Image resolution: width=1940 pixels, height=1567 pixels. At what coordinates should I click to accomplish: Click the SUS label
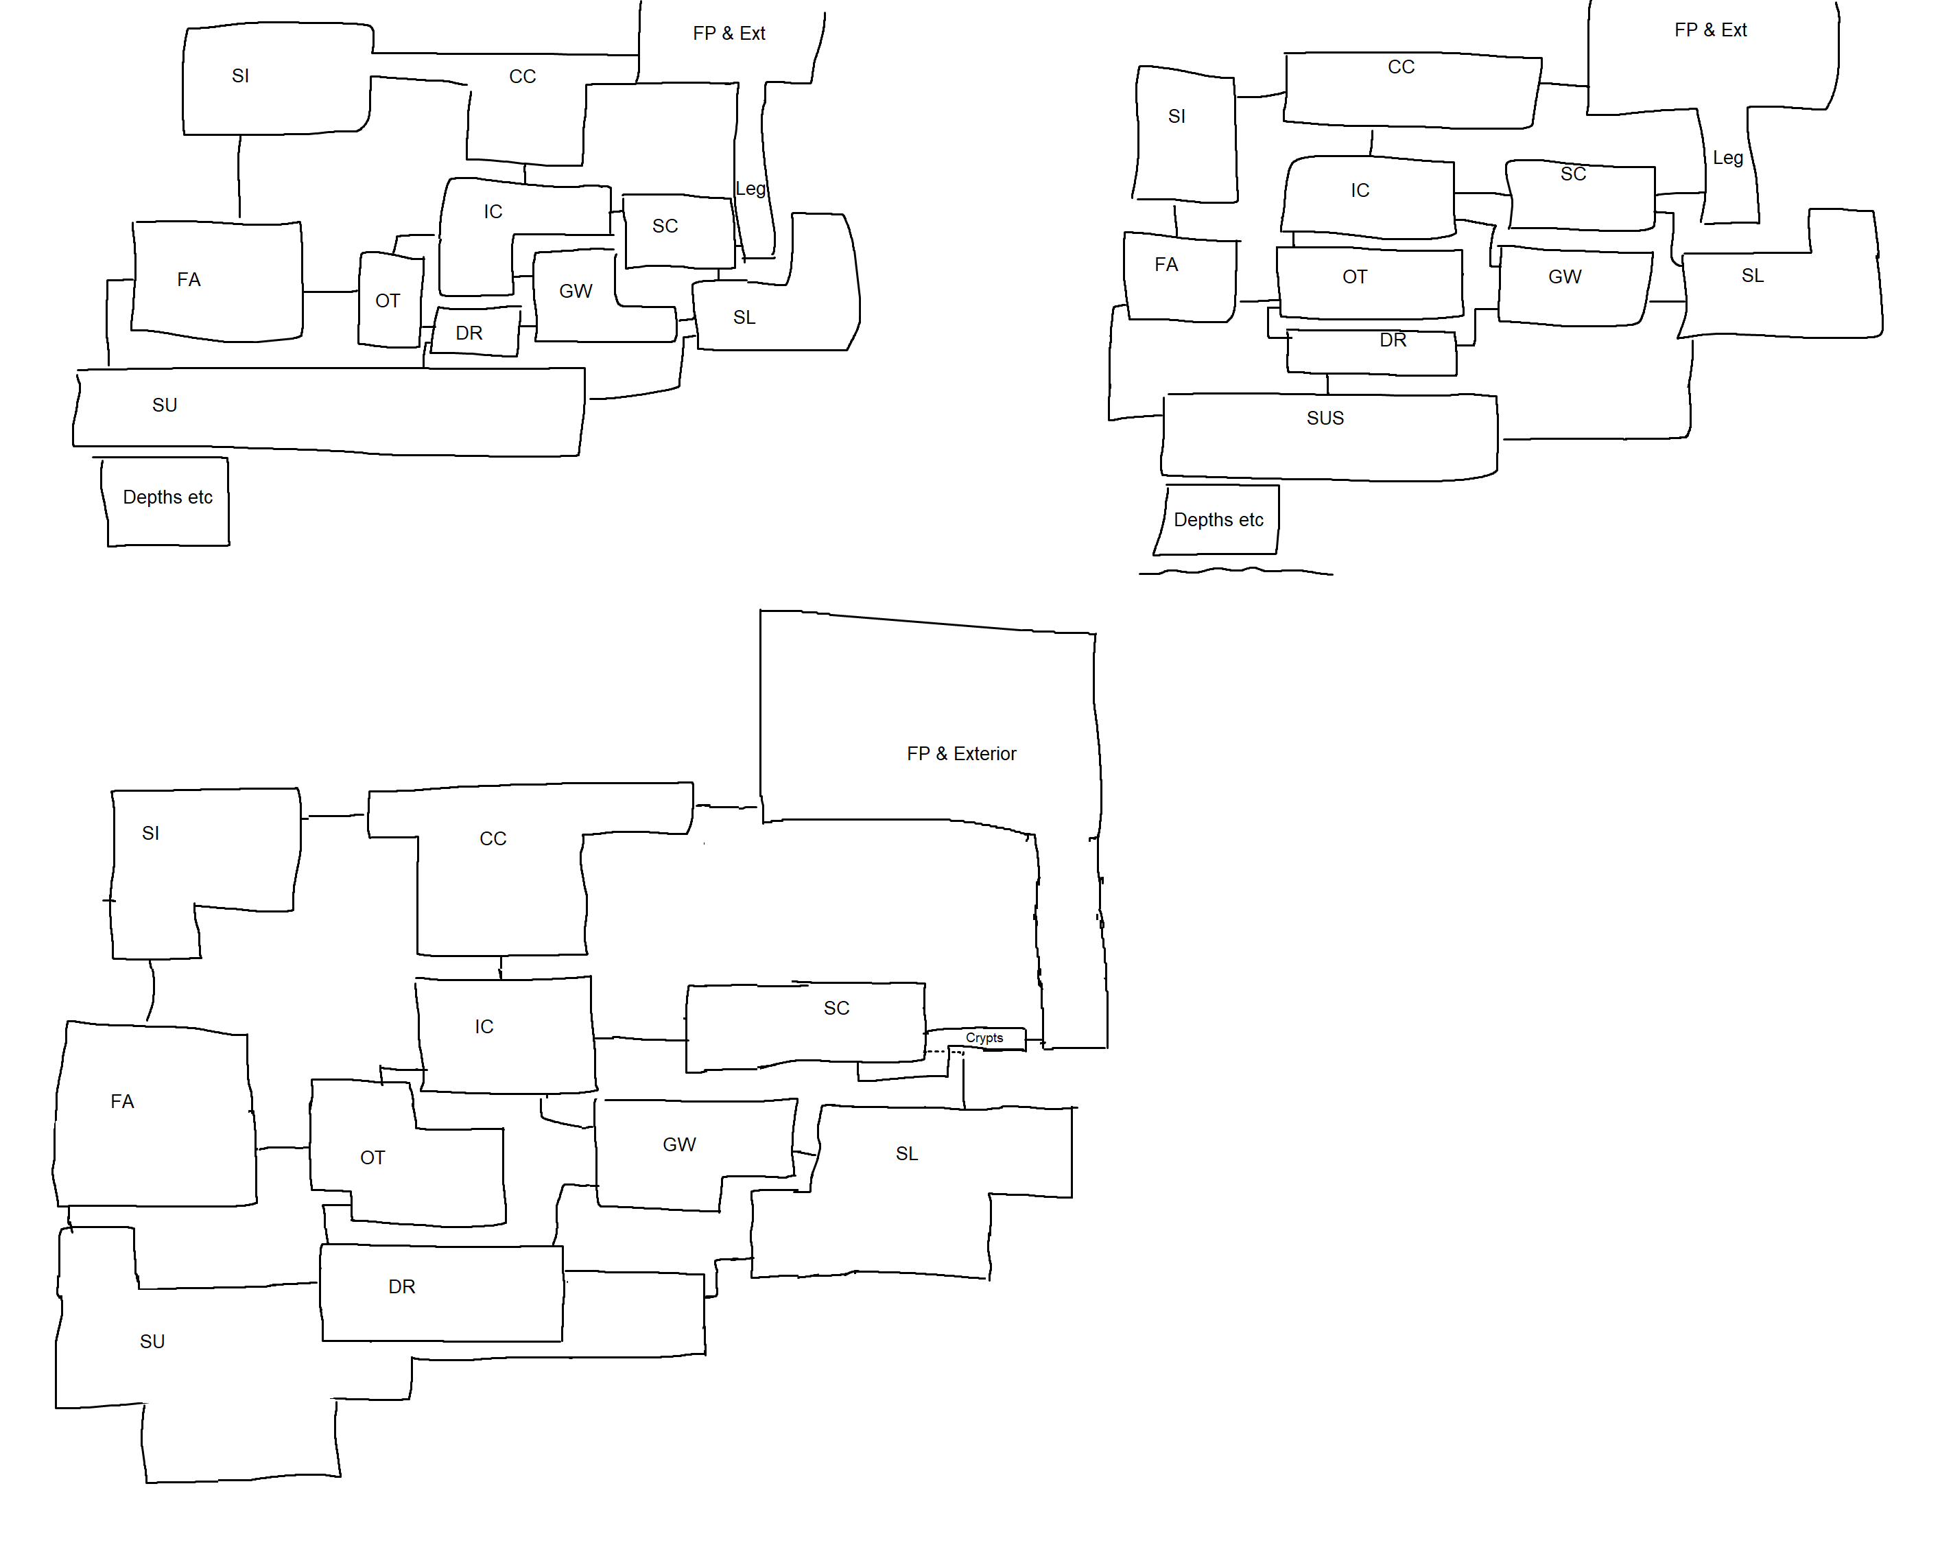(x=1325, y=418)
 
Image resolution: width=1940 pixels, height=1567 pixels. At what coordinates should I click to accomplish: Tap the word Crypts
(x=984, y=1038)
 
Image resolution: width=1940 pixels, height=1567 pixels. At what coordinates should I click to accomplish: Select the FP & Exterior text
(x=961, y=754)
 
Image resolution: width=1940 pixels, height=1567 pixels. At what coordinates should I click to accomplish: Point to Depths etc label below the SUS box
(x=1218, y=520)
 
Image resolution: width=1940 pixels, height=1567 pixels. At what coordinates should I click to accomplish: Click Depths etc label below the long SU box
(x=168, y=497)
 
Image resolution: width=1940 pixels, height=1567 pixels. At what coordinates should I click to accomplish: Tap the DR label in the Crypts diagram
(x=401, y=1287)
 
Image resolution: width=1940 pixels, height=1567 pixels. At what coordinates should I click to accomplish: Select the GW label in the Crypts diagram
(x=678, y=1144)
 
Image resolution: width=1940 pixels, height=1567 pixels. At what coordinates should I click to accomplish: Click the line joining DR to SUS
(x=1327, y=384)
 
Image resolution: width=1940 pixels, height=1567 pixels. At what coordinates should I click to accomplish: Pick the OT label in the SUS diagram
(x=1354, y=277)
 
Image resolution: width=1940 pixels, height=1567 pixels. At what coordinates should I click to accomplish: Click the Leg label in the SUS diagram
(x=1727, y=158)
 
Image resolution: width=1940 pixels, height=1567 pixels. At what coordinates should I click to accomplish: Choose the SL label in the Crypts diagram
(x=906, y=1153)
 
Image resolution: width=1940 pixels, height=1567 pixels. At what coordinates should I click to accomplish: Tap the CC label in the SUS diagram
(x=1400, y=67)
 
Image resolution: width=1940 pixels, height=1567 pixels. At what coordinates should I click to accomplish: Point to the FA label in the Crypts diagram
(x=122, y=1101)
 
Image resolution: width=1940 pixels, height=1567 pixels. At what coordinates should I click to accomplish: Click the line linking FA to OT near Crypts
(x=283, y=1148)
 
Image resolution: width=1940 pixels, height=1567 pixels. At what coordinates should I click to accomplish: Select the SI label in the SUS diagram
(x=1176, y=117)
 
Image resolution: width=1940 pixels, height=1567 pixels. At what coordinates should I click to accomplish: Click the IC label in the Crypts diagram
(x=484, y=1026)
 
